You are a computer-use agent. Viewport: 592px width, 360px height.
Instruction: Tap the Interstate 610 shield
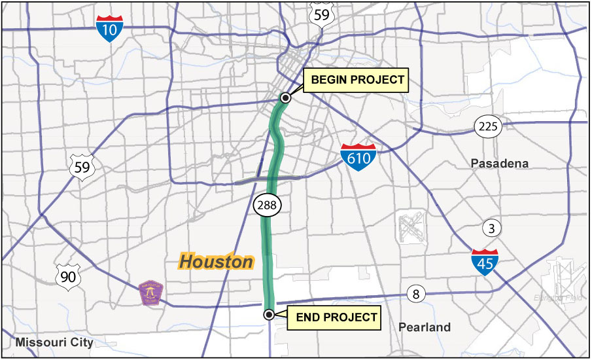pos(358,157)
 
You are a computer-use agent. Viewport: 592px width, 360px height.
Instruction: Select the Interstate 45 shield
pos(484,261)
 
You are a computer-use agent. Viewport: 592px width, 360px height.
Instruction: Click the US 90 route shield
pos(67,276)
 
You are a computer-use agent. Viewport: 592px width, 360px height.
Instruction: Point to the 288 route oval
pos(268,206)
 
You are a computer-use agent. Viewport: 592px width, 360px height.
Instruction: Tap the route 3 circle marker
pos(491,228)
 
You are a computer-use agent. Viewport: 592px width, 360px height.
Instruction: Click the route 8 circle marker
pos(415,294)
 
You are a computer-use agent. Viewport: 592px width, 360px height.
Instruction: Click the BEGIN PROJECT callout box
pos(357,81)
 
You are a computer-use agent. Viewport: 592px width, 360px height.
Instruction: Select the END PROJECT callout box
pos(336,317)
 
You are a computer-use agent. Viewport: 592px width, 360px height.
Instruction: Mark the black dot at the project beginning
pos(285,98)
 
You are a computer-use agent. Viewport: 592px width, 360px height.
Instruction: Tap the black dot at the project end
pos(268,315)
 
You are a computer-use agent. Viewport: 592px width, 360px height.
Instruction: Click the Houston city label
pos(216,262)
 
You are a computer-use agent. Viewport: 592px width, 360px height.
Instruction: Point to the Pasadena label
pos(499,164)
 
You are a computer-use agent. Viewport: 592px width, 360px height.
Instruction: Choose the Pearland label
pos(425,327)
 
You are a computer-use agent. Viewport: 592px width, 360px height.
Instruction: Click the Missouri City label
pos(55,342)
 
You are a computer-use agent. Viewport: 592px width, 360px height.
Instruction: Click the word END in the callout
pos(309,317)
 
